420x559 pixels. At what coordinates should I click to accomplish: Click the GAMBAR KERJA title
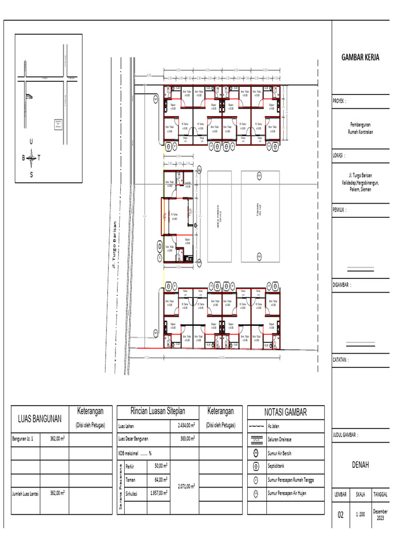coord(360,57)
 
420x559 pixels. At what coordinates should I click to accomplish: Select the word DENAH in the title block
coord(360,465)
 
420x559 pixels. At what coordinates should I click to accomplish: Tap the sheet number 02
coord(341,515)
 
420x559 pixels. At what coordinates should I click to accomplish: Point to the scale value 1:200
coord(360,515)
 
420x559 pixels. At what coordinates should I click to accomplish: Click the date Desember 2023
coord(380,514)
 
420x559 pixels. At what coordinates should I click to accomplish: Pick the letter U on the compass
coord(31,141)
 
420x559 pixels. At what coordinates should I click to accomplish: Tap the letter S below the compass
coord(31,175)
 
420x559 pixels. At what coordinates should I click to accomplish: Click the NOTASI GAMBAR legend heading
coord(285,413)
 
